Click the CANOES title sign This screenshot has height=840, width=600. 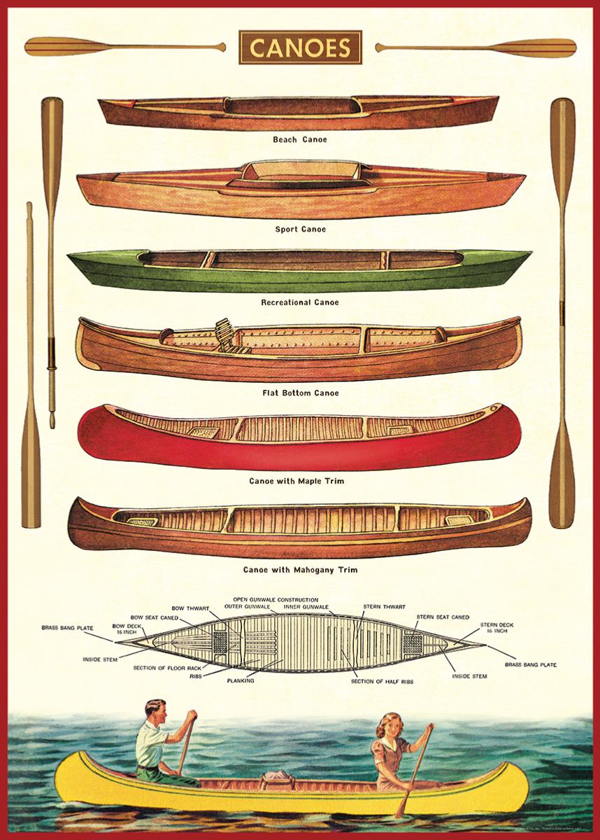click(x=300, y=48)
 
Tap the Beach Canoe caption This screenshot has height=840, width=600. click(x=300, y=139)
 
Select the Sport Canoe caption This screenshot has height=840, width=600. click(x=300, y=229)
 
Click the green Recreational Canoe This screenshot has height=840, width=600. click(x=299, y=270)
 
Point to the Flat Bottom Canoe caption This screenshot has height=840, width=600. click(x=300, y=393)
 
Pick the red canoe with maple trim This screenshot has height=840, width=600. click(x=299, y=436)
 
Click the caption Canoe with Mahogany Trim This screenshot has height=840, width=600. click(x=300, y=570)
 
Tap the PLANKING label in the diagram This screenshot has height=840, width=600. click(x=240, y=680)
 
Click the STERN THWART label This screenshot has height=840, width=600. click(x=382, y=606)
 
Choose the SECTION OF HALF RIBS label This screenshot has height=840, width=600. click(x=382, y=681)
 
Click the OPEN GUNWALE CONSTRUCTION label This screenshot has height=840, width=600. click(x=276, y=600)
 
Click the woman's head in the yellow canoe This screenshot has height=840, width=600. click(x=387, y=725)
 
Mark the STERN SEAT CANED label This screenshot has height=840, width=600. click(x=443, y=617)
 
